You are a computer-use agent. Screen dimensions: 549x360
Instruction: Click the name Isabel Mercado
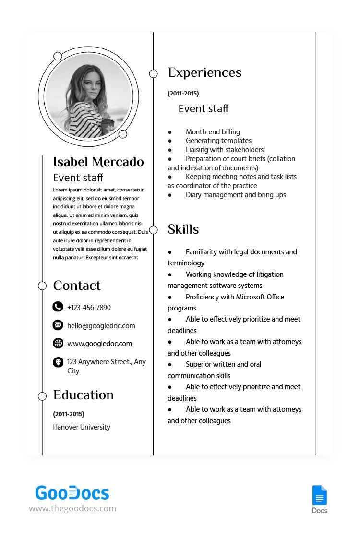[x=98, y=162]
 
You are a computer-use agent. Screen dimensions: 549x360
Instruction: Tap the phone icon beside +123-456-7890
[x=58, y=307]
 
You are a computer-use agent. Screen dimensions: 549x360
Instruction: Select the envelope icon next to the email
[x=58, y=325]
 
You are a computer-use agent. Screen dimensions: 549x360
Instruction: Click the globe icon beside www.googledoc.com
[x=58, y=343]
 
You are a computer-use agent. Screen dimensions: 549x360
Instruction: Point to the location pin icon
[x=58, y=362]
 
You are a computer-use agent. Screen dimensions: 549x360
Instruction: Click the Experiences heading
[x=204, y=73]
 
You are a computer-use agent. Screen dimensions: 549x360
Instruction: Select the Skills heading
[x=183, y=230]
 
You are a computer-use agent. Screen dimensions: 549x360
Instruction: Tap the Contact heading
[x=77, y=286]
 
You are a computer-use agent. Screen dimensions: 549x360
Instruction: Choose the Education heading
[x=84, y=395]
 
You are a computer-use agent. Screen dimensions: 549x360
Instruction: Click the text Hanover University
[x=82, y=427]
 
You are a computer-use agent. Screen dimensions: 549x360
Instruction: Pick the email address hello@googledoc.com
[x=101, y=326]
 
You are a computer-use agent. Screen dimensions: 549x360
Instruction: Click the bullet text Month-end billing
[x=213, y=132]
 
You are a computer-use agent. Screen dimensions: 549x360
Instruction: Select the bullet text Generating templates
[x=218, y=141]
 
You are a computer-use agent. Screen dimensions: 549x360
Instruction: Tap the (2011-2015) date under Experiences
[x=183, y=94]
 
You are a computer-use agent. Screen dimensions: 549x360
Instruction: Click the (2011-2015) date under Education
[x=69, y=414]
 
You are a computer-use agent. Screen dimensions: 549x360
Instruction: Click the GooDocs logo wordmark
[x=72, y=493]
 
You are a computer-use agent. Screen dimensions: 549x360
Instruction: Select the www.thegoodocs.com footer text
[x=72, y=508]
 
